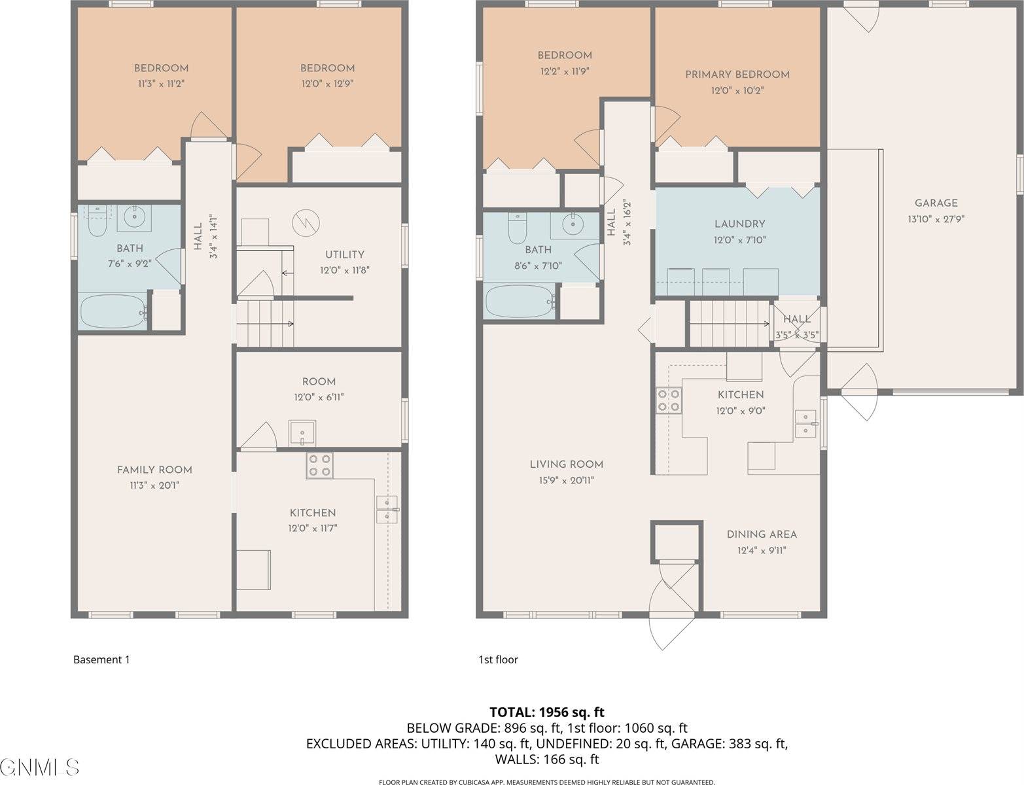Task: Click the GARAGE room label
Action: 936,203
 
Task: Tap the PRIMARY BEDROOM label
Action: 737,75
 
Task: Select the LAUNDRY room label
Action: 739,224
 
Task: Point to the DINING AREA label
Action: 762,534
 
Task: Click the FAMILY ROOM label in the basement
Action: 154,470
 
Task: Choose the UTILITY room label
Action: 344,254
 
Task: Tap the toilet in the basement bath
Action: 97,221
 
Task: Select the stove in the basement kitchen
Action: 319,466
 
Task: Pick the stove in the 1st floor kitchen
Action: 669,400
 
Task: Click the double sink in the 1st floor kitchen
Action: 805,424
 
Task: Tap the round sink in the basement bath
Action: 134,217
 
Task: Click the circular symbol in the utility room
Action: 306,222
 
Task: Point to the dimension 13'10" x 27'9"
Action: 936,219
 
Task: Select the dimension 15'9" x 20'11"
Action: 567,480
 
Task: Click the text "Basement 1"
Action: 101,660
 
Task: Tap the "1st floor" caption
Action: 498,660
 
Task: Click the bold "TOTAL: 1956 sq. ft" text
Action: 546,712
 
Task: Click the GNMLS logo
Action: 39,767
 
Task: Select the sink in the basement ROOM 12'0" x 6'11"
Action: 302,432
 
